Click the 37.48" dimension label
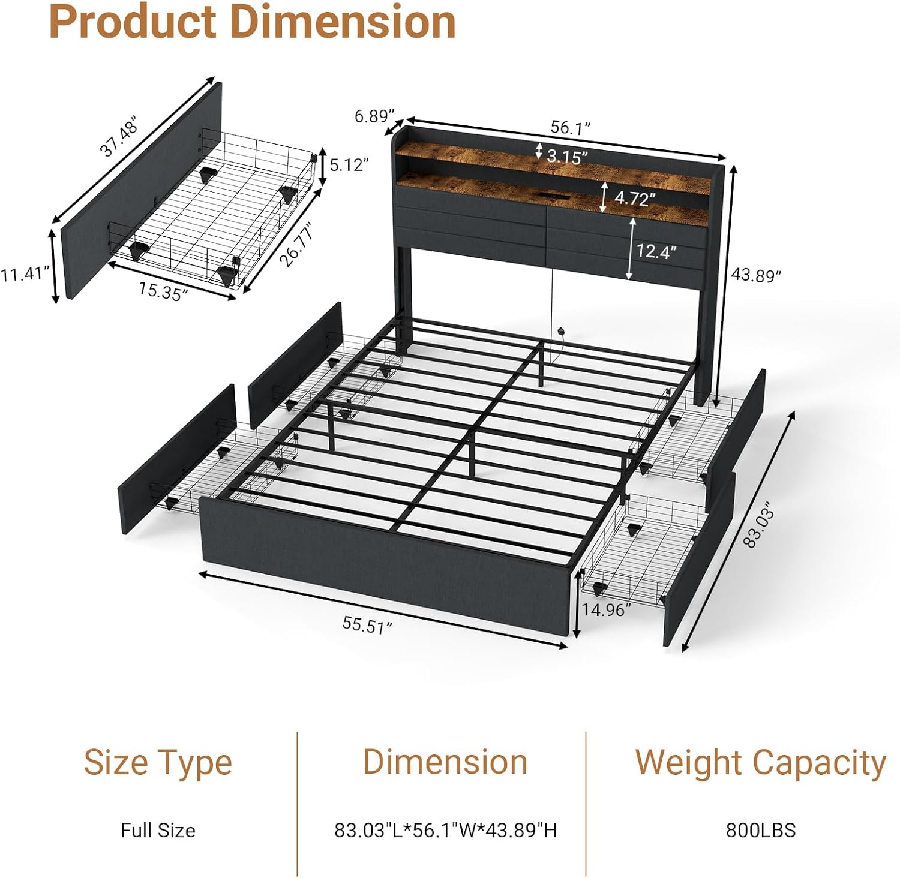tap(119, 138)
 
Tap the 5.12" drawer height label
tap(349, 164)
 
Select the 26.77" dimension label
tap(297, 245)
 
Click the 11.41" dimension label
tap(24, 274)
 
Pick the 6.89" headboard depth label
tap(374, 116)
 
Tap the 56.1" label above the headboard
tap(571, 127)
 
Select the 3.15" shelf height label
tap(567, 157)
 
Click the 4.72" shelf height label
tap(635, 197)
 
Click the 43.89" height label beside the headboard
tap(755, 275)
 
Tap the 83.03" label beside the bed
tap(760, 527)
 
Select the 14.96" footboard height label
tap(606, 610)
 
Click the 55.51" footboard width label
tap(367, 625)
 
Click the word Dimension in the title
tap(343, 22)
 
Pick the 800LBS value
tap(760, 830)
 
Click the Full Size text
tap(158, 830)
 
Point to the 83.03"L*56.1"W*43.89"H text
tap(446, 830)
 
